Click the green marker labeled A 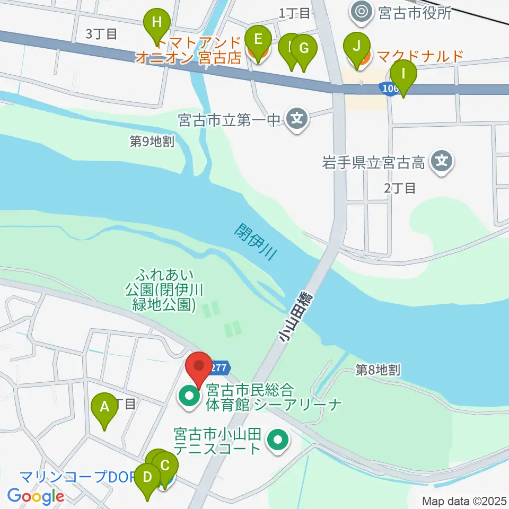(x=104, y=407)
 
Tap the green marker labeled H (x=156, y=23)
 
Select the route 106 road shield (x=389, y=89)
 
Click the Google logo (x=36, y=497)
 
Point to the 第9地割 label (x=152, y=141)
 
